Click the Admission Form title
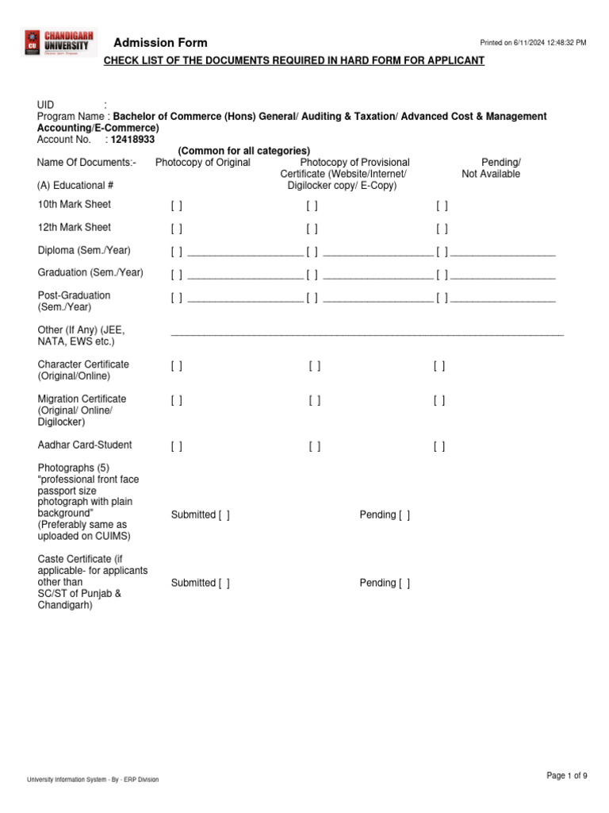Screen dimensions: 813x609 point(160,43)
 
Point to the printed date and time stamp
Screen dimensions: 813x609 point(534,43)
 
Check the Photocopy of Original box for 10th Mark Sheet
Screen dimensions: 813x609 point(176,206)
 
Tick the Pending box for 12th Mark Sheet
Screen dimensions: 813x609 point(442,229)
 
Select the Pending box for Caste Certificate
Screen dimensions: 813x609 point(404,584)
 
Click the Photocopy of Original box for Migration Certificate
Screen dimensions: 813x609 point(176,401)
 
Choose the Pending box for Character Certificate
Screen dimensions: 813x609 point(439,366)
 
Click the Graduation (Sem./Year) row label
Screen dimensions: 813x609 point(90,272)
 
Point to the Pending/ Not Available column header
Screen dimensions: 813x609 point(491,168)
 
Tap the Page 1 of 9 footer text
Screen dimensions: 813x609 point(567,776)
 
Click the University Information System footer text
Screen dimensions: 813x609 point(93,780)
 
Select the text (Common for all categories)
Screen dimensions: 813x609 point(243,151)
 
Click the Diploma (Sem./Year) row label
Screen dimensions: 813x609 point(84,250)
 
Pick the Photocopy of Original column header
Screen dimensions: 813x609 point(203,163)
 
